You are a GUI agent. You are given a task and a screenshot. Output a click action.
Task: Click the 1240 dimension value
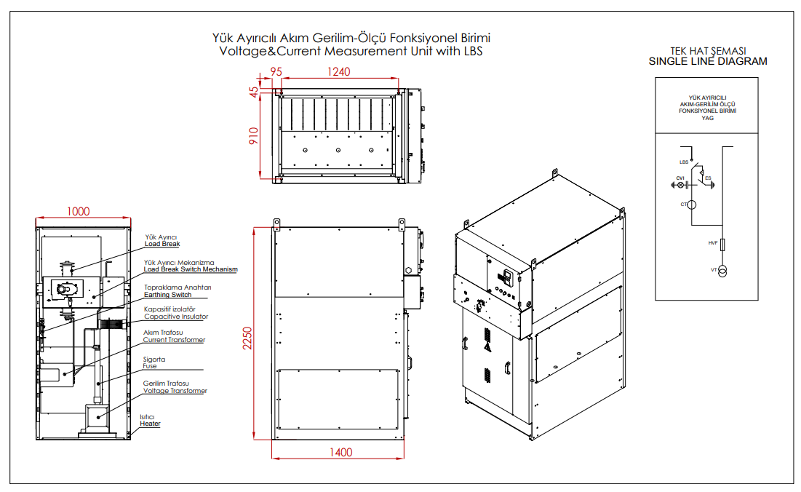point(339,71)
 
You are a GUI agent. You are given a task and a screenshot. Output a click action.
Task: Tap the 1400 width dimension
point(340,452)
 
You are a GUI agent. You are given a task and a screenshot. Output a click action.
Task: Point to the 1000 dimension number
point(78,211)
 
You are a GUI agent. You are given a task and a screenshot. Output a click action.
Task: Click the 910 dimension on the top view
point(254,136)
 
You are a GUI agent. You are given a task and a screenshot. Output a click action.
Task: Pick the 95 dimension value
point(276,71)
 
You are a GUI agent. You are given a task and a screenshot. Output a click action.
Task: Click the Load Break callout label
point(162,245)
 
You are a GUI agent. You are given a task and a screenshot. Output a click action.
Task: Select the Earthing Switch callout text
point(168,295)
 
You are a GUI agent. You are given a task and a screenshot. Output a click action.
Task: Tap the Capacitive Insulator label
point(175,317)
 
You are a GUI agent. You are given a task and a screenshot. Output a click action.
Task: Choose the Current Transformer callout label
point(173,340)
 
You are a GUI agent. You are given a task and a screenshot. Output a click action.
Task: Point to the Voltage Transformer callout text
point(175,391)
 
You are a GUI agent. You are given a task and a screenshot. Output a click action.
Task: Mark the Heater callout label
point(150,424)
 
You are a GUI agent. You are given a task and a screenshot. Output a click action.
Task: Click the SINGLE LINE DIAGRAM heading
point(707,62)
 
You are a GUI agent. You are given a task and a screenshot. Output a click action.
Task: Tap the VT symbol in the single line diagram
point(722,271)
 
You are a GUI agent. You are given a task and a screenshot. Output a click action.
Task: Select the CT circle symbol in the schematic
point(692,205)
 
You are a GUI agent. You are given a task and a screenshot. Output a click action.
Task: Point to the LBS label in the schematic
point(683,162)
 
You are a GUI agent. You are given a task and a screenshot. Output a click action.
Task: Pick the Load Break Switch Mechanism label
point(190,269)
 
